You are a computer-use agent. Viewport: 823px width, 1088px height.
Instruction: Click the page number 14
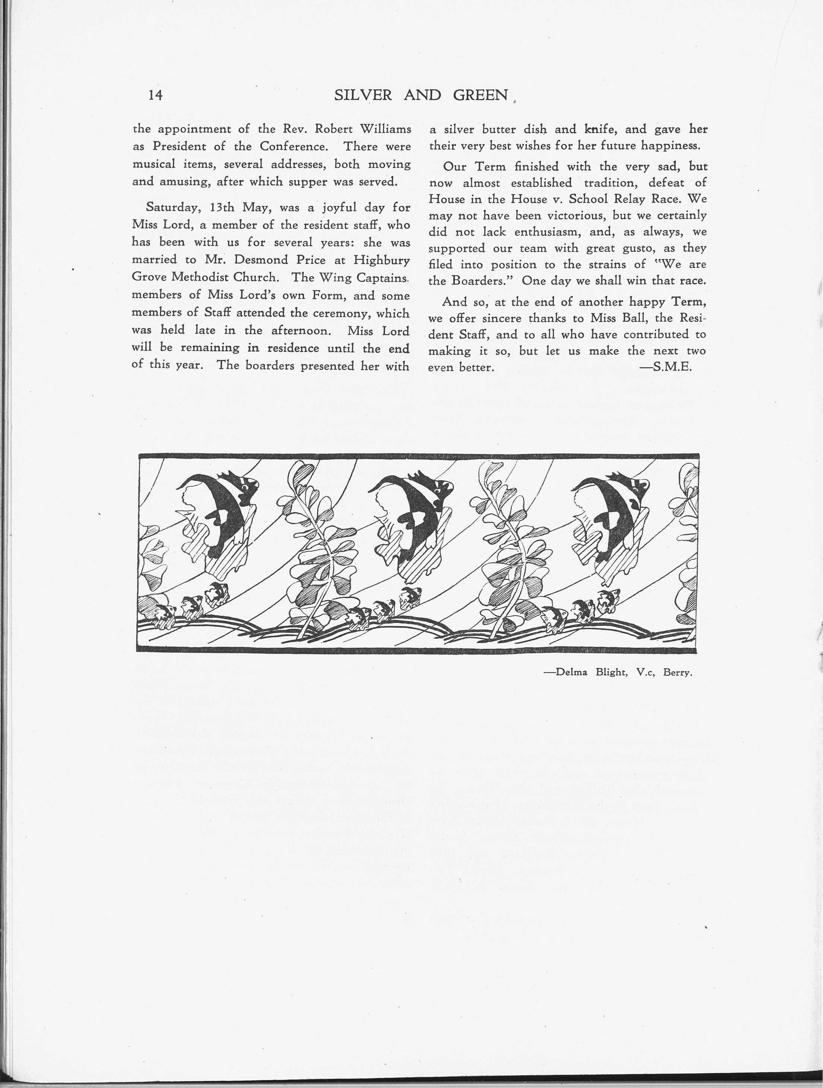coord(155,95)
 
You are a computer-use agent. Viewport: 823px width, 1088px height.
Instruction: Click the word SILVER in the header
coord(363,95)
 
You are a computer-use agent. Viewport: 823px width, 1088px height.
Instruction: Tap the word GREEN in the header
coord(480,95)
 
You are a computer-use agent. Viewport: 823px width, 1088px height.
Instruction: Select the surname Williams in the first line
coord(385,129)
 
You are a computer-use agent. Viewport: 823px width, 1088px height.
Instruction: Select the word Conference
coord(294,146)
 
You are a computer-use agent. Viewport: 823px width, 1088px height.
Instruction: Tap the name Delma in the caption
coord(572,673)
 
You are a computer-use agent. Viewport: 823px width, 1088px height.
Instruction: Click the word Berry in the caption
coord(677,673)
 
